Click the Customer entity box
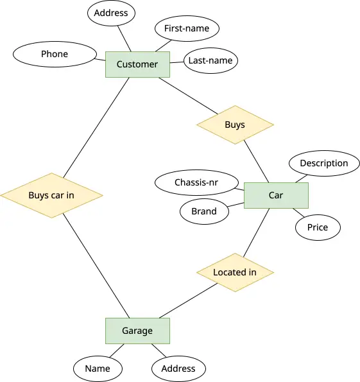coord(137,64)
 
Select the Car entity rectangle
coord(276,195)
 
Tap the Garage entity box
coord(137,331)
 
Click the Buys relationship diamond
coord(235,125)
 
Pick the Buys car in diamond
coord(51,195)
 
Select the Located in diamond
coord(235,272)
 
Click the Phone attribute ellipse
coord(55,54)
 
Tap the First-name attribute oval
coord(187,28)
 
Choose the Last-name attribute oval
coord(210,60)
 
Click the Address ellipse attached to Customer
coord(111,13)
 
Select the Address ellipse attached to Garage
coord(178,369)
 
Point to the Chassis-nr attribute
coord(196,182)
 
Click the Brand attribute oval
coord(204,211)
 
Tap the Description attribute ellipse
coord(324,163)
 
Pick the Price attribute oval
coord(318,227)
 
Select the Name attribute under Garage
coord(98,369)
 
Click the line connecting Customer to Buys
coord(188,96)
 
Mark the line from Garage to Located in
coord(188,300)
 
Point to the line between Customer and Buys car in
coord(96,127)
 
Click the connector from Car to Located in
coord(256,232)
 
